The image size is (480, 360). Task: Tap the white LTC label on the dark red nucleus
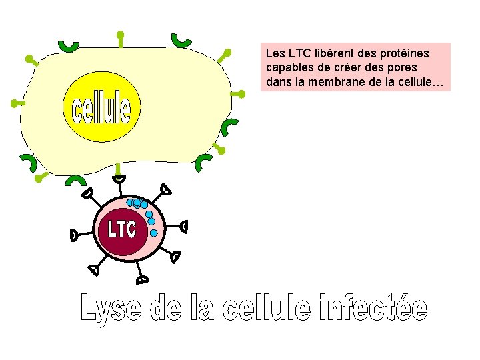tap(122, 229)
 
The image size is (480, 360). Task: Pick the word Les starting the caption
tap(273, 52)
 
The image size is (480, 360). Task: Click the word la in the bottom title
tap(203, 309)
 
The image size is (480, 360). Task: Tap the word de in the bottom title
tap(167, 309)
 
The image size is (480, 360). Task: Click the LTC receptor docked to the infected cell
tap(118, 179)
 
